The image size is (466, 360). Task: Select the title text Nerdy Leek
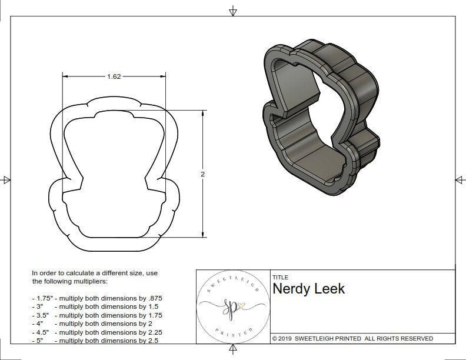tap(308, 289)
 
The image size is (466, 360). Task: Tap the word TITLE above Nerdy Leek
tap(280, 277)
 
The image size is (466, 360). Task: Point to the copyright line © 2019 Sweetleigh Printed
tap(352, 338)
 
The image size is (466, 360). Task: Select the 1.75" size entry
tap(42, 298)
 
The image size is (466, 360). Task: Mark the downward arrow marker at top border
tap(233, 11)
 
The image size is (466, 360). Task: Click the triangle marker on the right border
tap(459, 179)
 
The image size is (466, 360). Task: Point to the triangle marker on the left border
tap(6, 179)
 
